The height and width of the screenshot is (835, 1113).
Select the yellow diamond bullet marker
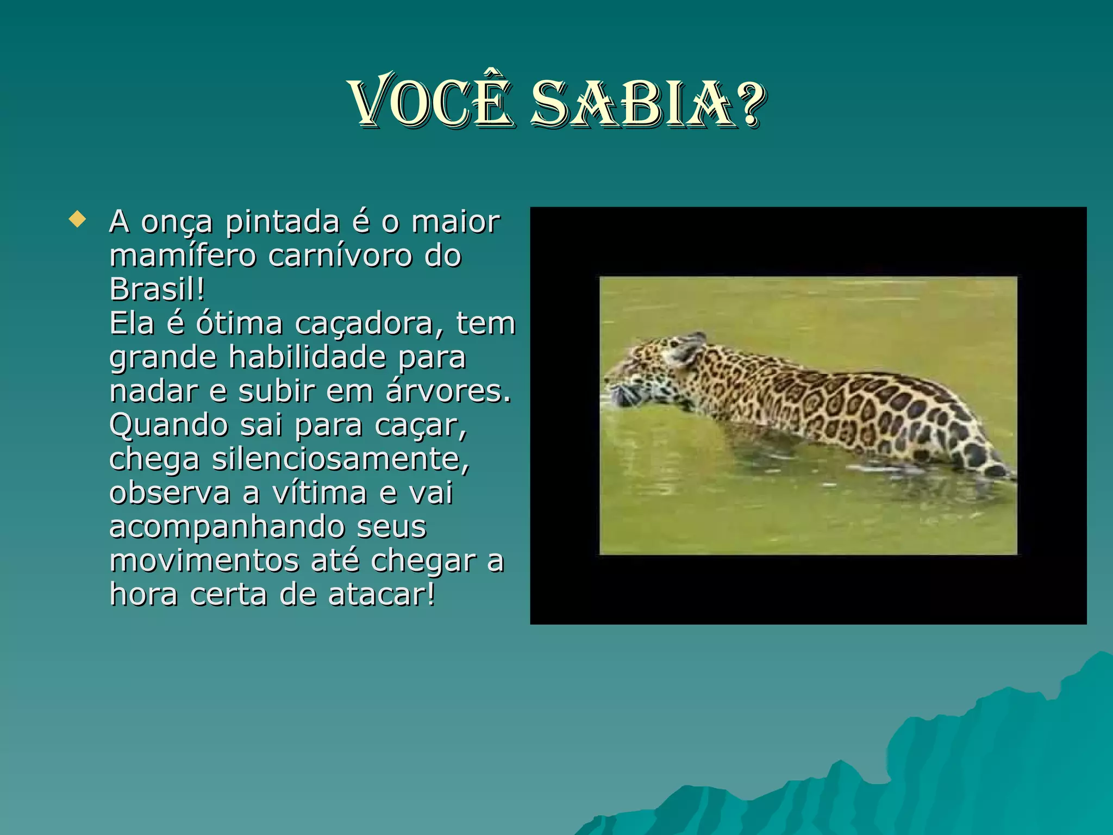click(x=78, y=220)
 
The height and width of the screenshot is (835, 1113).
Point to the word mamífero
click(x=183, y=256)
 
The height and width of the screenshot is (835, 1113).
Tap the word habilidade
click(x=308, y=357)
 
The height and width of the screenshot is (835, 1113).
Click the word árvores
click(x=448, y=391)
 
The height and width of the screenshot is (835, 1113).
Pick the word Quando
click(x=168, y=425)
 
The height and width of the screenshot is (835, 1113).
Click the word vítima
click(x=320, y=493)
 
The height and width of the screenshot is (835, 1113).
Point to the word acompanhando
click(x=227, y=527)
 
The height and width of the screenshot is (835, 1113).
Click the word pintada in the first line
click(x=283, y=222)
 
